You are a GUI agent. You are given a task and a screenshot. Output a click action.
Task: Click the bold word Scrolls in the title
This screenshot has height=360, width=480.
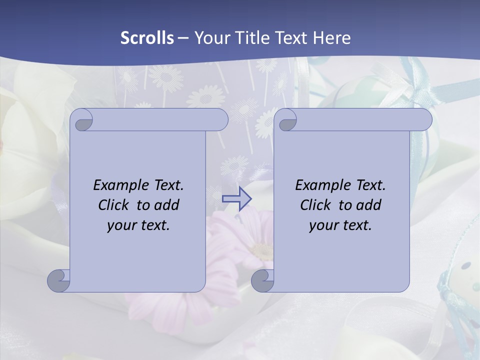tap(147, 38)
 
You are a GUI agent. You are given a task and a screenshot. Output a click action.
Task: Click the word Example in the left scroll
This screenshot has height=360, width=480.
tap(119, 185)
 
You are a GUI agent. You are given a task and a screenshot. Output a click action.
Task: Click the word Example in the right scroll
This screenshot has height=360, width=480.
tap(321, 185)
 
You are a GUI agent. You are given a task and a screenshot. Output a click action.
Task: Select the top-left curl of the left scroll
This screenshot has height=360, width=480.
tap(81, 120)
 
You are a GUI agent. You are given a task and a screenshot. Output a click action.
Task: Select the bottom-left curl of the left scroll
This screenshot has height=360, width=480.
tap(59, 281)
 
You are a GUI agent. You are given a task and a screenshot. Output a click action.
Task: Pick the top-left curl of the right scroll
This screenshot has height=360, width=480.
tap(286, 120)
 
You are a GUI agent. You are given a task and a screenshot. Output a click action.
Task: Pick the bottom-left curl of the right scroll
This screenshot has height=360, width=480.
tap(263, 281)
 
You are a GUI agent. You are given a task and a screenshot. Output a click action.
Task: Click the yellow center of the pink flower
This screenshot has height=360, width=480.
tap(260, 250)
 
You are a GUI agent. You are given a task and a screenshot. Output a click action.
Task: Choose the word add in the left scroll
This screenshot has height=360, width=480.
tap(166, 205)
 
